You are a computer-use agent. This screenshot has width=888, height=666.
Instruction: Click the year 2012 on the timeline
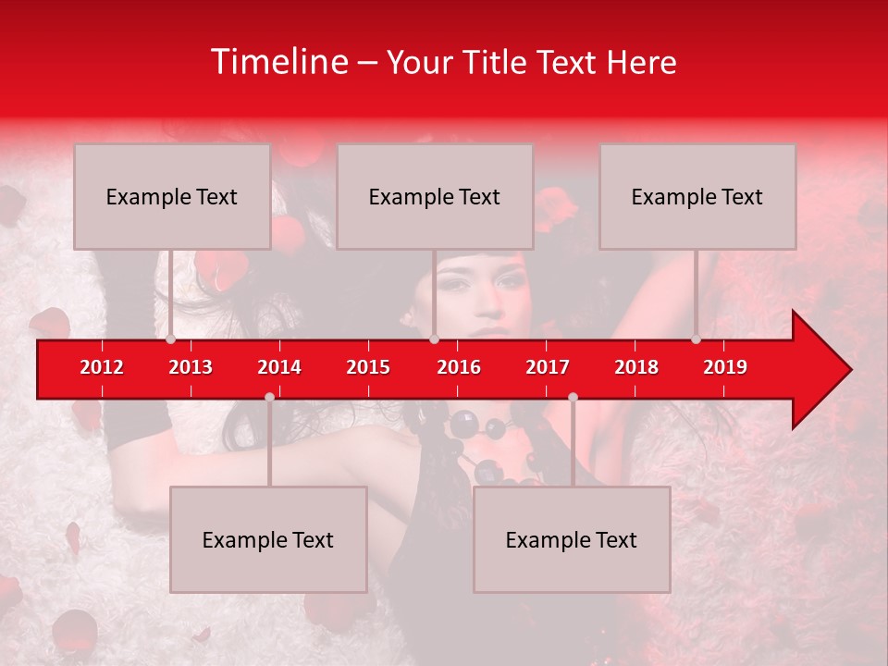coord(102,367)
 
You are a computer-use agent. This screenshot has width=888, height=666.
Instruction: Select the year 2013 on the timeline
coord(191,367)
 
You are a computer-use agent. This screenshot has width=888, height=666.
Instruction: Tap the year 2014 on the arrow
coord(279,367)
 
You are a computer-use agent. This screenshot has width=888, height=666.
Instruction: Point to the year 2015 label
coord(368,367)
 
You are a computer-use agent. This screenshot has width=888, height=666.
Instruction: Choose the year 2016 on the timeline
coord(459,367)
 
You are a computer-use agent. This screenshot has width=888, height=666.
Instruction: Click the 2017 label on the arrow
coord(548,367)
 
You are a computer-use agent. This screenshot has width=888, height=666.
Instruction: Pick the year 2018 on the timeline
coord(636,367)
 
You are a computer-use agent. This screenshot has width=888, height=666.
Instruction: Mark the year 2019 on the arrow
coord(725,367)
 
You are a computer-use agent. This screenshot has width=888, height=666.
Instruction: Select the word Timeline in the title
coord(278,62)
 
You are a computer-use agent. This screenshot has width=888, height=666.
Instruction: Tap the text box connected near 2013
coord(172,196)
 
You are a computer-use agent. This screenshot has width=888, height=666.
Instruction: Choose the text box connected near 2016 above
coord(435,196)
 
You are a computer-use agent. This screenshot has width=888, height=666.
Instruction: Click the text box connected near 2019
coord(697,196)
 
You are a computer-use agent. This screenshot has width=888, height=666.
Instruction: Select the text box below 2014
coord(268,539)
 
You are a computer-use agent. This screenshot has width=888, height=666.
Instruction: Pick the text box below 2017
coord(572,539)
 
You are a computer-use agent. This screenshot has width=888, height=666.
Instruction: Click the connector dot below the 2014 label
coord(269,397)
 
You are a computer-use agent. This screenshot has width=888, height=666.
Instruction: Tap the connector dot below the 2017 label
coord(573,397)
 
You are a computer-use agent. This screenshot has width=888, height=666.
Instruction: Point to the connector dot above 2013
coord(171,339)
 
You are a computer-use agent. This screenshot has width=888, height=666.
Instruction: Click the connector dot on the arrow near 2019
coord(697,339)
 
